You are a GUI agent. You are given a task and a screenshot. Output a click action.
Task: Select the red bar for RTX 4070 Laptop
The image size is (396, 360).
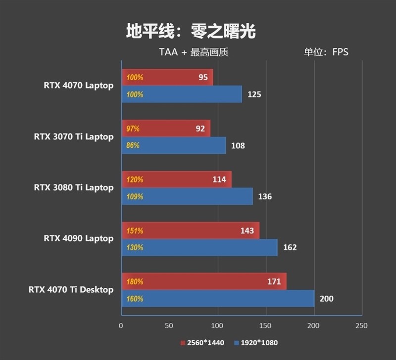coord(167,77)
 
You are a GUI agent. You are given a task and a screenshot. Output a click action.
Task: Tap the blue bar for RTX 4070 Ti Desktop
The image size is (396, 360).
coord(218,299)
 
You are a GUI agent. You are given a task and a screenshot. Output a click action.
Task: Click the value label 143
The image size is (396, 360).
coord(247,231)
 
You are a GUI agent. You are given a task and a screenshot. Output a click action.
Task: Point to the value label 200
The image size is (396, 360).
coord(326,299)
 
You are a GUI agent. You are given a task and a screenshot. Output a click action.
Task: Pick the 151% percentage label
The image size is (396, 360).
coord(135,231)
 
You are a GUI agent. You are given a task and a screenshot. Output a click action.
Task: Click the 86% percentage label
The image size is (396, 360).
coord(133,145)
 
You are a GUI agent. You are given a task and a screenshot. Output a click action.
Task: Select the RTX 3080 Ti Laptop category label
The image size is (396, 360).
coord(74,187)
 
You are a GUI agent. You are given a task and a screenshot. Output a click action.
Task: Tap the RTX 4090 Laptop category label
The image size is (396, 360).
coord(79,238)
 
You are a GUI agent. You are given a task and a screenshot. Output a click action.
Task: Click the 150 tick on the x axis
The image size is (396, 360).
coord(265,326)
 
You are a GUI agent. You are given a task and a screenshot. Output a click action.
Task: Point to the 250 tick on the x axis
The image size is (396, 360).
coord(362,326)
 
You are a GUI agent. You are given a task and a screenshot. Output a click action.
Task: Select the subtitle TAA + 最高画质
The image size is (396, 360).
coord(194,52)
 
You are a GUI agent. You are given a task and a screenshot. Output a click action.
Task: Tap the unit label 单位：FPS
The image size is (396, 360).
coord(326,52)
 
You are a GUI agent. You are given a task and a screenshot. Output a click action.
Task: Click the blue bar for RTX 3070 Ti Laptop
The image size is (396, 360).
coord(173,145)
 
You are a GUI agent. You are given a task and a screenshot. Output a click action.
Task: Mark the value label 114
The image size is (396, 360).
coord(219,180)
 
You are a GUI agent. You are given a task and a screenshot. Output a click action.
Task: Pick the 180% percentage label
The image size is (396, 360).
coord(135,282)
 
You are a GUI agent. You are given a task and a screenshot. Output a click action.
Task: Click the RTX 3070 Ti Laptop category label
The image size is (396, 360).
coord(74,136)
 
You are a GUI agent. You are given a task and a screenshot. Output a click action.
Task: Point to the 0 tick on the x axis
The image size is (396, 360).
coord(121,326)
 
